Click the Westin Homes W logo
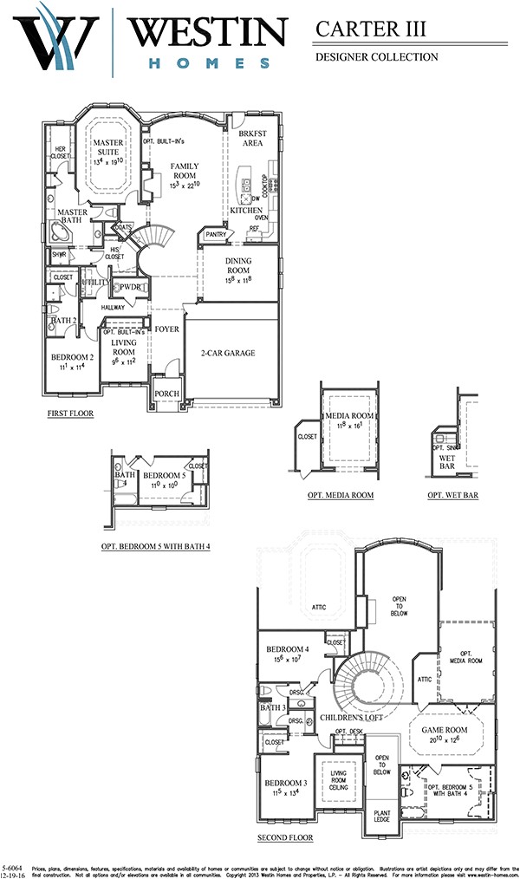[59, 39]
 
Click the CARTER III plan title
[371, 29]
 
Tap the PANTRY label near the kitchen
[213, 234]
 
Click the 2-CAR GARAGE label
[228, 353]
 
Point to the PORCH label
[166, 394]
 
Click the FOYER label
[166, 329]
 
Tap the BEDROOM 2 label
[72, 357]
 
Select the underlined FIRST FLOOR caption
[70, 414]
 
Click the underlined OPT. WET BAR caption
[452, 495]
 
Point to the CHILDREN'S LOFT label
[352, 718]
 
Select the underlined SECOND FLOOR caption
[285, 837]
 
